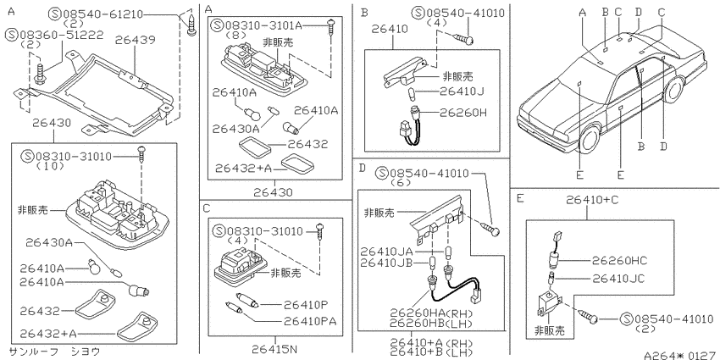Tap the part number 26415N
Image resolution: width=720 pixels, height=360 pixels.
274,350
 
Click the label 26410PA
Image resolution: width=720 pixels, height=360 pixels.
310,321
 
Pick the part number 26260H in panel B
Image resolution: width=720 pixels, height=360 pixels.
462,113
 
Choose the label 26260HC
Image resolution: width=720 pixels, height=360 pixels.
619,261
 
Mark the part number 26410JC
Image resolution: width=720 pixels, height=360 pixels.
618,279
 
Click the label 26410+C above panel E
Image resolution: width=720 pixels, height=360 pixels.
587,200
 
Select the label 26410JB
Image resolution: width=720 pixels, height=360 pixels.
386,263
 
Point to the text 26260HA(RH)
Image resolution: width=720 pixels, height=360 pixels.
431,313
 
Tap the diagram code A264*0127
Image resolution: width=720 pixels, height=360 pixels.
681,356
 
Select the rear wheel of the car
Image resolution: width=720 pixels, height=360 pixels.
673,91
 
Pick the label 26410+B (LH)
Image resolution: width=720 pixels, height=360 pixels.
431,352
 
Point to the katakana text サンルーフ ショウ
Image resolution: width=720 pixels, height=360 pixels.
54,352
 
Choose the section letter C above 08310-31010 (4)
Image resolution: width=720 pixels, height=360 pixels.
206,209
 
